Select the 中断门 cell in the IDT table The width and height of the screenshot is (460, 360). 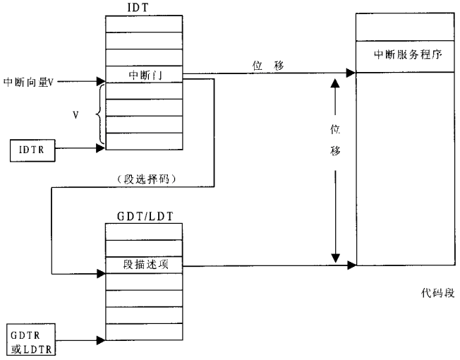(x=143, y=74)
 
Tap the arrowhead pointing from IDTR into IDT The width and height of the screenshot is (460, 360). (x=100, y=148)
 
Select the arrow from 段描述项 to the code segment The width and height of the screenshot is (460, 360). (x=268, y=266)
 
